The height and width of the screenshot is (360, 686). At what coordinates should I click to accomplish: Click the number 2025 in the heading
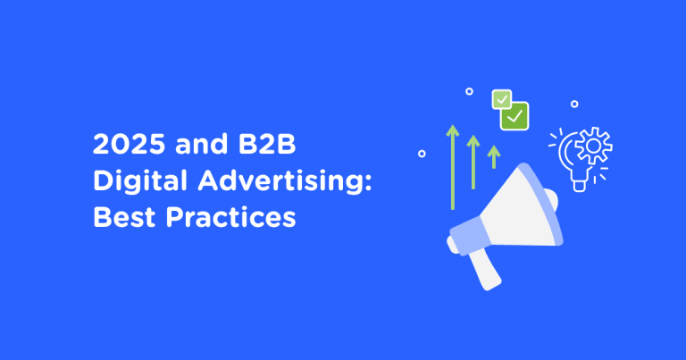point(130,144)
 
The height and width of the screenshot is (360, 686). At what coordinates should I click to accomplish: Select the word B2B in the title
point(267,144)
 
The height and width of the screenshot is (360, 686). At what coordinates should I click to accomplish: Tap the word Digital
point(140,181)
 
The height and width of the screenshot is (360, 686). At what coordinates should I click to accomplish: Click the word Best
point(124,217)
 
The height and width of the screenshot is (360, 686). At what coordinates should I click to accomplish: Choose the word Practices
point(231,217)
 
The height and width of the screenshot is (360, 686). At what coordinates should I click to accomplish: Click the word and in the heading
point(202,144)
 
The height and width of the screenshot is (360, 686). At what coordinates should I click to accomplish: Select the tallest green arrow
point(453,167)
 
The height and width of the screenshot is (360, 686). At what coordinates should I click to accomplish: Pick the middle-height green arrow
point(473,162)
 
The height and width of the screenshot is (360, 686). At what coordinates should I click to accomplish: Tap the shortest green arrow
point(494,156)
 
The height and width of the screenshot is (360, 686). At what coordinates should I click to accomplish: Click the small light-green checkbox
point(502,99)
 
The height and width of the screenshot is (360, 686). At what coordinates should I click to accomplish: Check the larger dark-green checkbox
point(514,116)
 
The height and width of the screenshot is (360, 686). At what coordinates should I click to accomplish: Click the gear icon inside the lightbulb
point(594,146)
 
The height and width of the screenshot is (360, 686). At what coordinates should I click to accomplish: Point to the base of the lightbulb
point(579,186)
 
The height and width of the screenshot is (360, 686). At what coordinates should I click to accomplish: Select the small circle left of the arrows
point(422,154)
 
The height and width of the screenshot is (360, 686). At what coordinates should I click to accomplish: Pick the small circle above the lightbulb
point(574,105)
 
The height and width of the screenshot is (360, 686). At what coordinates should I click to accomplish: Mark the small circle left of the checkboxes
point(470,91)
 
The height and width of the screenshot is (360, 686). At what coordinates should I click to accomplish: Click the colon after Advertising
point(368,182)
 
